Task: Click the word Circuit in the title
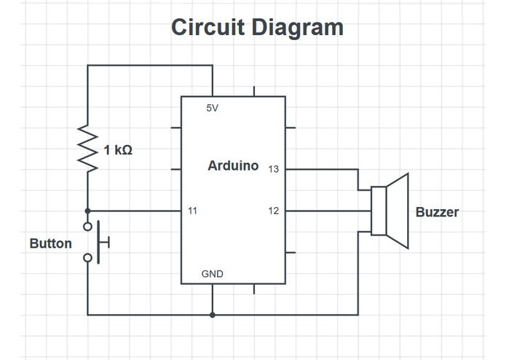pyautogui.click(x=207, y=27)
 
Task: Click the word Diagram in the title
pyautogui.click(x=297, y=28)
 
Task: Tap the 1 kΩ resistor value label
pyautogui.click(x=118, y=150)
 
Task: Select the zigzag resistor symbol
pyautogui.click(x=87, y=148)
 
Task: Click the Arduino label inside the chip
pyautogui.click(x=233, y=165)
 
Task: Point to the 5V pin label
pyautogui.click(x=213, y=108)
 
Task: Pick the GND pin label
pyautogui.click(x=213, y=274)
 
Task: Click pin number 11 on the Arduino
pyautogui.click(x=192, y=211)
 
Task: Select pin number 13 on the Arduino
pyautogui.click(x=273, y=169)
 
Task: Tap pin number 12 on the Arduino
pyautogui.click(x=273, y=211)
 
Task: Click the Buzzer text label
pyautogui.click(x=438, y=212)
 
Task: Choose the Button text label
pyautogui.click(x=51, y=243)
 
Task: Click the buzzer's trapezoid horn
pyautogui.click(x=398, y=211)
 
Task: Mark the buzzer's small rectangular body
pyautogui.click(x=379, y=211)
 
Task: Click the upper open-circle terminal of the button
pyautogui.click(x=87, y=227)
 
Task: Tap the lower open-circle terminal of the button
pyautogui.click(x=87, y=258)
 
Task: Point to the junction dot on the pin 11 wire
pyautogui.click(x=87, y=211)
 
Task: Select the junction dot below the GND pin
pyautogui.click(x=213, y=315)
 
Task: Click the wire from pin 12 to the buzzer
pyautogui.click(x=328, y=211)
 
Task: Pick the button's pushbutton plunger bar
pyautogui.click(x=98, y=242)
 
